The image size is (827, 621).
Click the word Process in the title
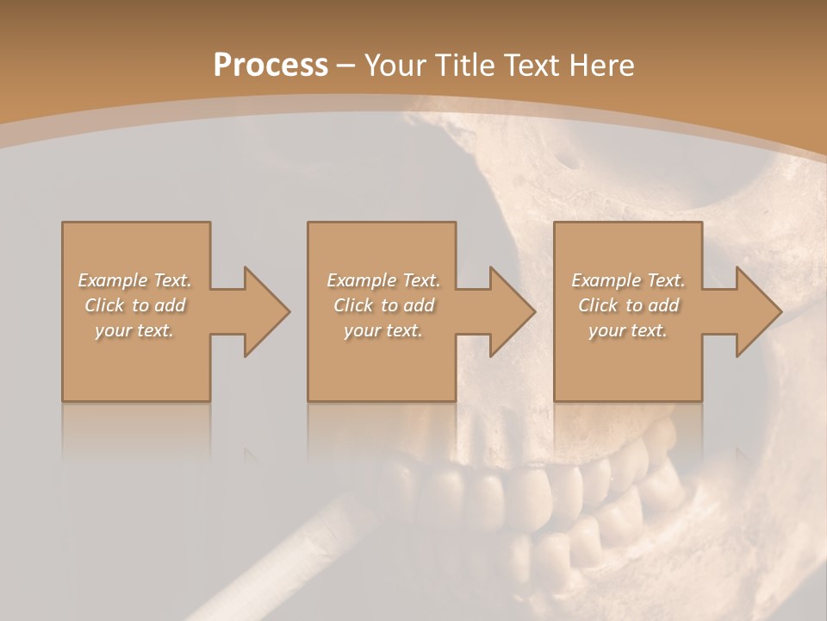point(270,66)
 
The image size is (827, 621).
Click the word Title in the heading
point(461,66)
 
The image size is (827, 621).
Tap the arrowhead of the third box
point(757,311)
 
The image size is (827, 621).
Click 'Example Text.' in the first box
point(135,280)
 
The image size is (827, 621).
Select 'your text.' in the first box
point(134,330)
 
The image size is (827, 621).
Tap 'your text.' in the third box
point(628,330)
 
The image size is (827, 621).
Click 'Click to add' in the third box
point(628,305)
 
